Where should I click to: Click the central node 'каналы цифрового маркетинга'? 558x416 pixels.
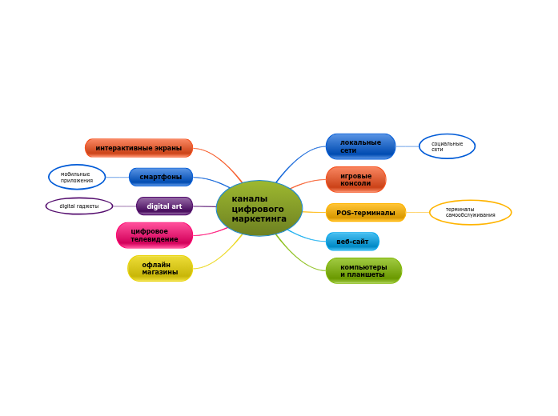259,208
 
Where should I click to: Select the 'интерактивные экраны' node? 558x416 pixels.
138,148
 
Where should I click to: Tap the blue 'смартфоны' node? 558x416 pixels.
160,177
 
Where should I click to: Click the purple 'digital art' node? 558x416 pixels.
164,206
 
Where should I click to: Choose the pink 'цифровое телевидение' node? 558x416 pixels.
155,235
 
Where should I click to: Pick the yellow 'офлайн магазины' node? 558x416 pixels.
160,269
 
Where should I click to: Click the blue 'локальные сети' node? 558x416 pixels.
360,146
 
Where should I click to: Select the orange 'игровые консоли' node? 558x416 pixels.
355,179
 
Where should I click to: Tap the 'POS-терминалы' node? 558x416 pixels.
365,213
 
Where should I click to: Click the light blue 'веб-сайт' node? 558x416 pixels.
352,242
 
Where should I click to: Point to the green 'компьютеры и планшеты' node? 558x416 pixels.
363,270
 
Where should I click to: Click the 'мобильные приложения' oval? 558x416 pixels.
77,177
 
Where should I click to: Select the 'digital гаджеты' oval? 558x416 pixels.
79,206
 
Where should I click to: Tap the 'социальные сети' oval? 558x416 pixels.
447,146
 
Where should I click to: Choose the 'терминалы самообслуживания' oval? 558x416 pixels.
470,212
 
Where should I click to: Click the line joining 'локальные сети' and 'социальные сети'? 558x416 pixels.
407,146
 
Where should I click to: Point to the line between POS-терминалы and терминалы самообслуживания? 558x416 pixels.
417,212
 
